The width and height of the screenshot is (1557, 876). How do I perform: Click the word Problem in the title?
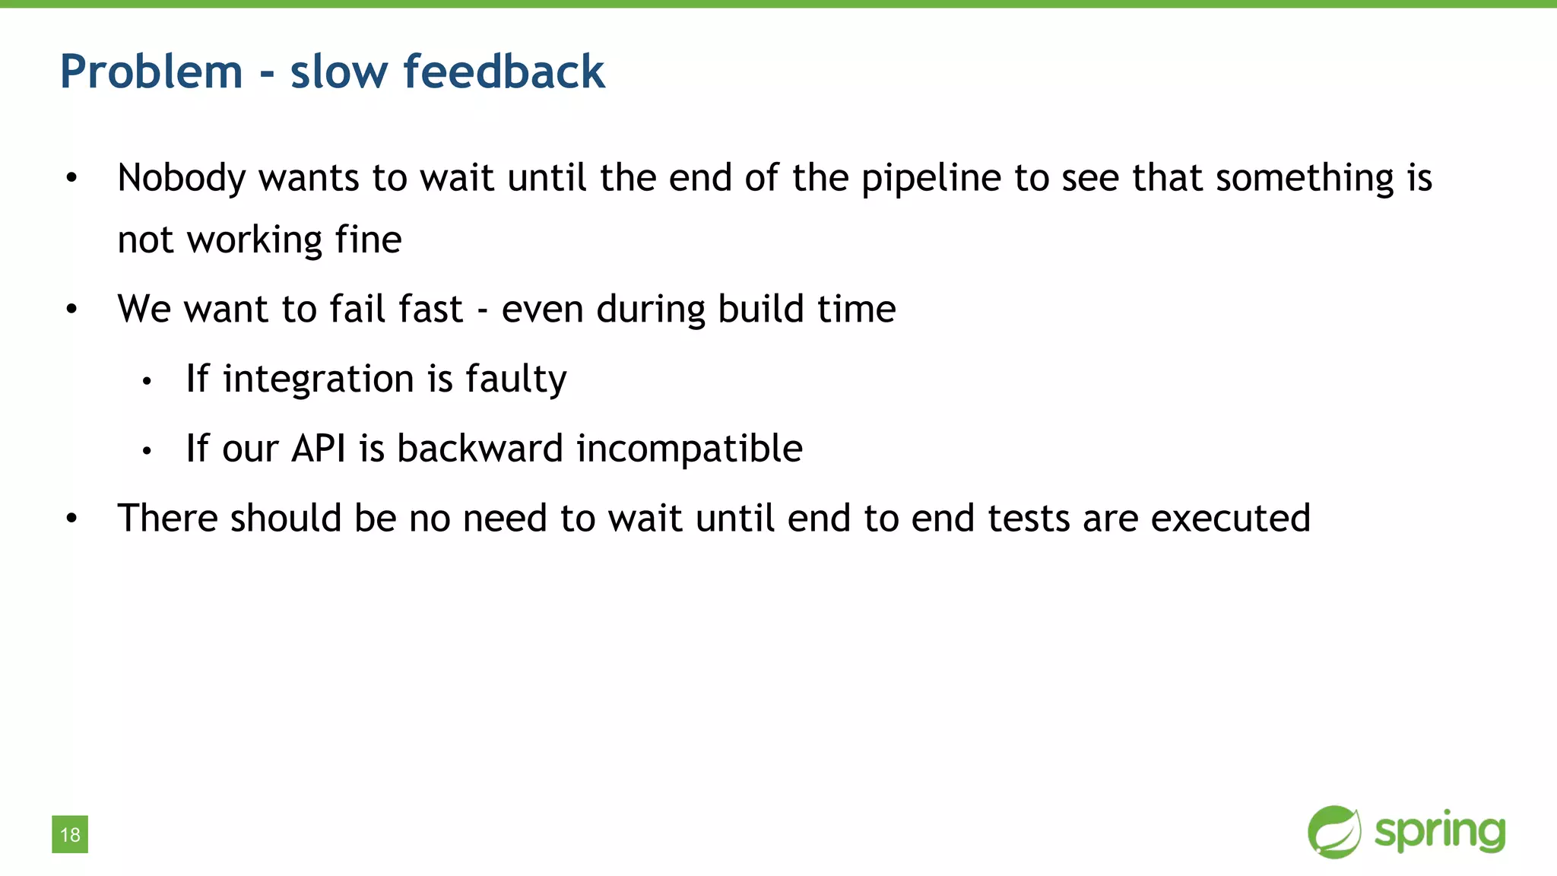[151, 72]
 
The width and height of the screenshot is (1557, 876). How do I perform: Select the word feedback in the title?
[503, 72]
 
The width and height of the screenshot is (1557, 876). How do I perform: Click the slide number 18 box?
[70, 834]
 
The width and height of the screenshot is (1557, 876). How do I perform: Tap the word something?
[1305, 179]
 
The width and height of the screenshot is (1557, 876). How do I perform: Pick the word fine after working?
[368, 240]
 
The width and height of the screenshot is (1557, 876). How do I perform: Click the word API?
[319, 449]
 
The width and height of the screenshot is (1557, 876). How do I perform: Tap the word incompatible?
[689, 449]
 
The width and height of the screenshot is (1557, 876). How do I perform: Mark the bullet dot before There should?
[71, 519]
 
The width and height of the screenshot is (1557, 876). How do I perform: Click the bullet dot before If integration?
[147, 382]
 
